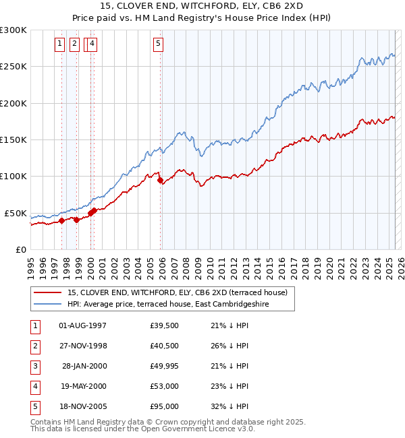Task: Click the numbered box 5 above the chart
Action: click(158, 44)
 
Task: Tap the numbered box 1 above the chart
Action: click(59, 44)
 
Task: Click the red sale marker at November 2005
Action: click(161, 181)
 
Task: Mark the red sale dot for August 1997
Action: click(61, 220)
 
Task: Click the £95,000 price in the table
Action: click(165, 406)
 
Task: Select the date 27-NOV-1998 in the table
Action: click(83, 346)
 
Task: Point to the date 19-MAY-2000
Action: click(83, 386)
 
